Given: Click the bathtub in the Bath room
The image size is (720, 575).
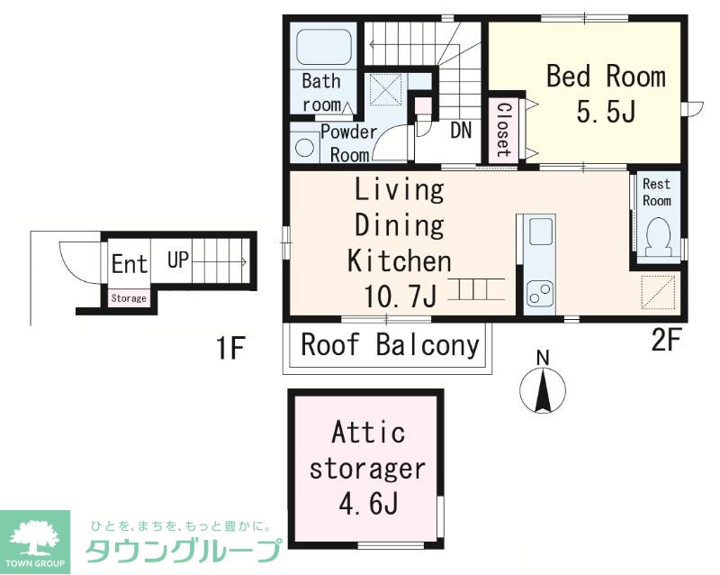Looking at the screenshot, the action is (x=324, y=48).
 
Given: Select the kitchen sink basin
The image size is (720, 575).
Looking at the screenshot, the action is (x=541, y=232).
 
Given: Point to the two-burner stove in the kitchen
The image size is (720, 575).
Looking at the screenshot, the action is (x=540, y=293).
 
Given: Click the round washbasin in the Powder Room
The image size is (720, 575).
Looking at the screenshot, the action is (x=304, y=148).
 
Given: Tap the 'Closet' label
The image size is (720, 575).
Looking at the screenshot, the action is (x=504, y=129).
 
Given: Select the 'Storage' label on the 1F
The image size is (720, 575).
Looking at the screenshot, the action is (x=129, y=298).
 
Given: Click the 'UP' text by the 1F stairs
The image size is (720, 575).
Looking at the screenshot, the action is (x=178, y=260).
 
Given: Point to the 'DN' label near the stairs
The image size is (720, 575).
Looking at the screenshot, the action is (x=461, y=130).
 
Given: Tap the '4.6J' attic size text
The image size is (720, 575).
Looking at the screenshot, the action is (x=368, y=504).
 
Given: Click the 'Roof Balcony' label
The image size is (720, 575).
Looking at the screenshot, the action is (x=390, y=344).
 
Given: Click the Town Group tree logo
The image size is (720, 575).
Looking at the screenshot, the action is (x=35, y=542).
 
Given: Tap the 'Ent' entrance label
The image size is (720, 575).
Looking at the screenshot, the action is (x=130, y=263).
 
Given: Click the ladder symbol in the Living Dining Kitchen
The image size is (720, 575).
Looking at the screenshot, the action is (x=477, y=289).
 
